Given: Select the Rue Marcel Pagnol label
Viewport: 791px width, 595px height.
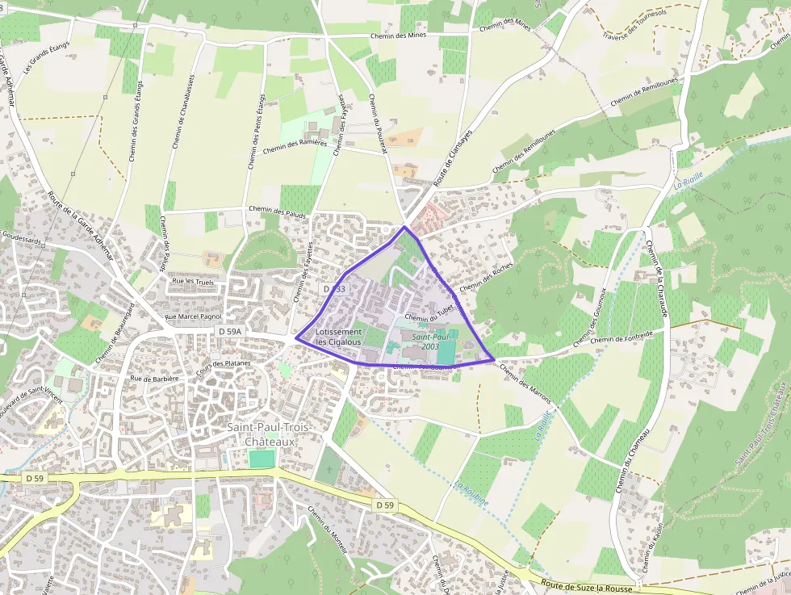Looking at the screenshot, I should [193, 316].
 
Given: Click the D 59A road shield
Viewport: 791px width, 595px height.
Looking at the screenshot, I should [230, 332].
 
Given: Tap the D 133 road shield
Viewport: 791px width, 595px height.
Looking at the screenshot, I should [334, 288].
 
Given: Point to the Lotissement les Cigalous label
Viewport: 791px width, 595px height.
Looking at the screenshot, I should [338, 337].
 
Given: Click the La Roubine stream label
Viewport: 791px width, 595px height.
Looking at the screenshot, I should [471, 493].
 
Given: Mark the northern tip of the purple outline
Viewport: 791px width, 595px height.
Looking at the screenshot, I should [404, 227].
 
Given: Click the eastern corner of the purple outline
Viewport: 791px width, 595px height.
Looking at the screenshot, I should [494, 360].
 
